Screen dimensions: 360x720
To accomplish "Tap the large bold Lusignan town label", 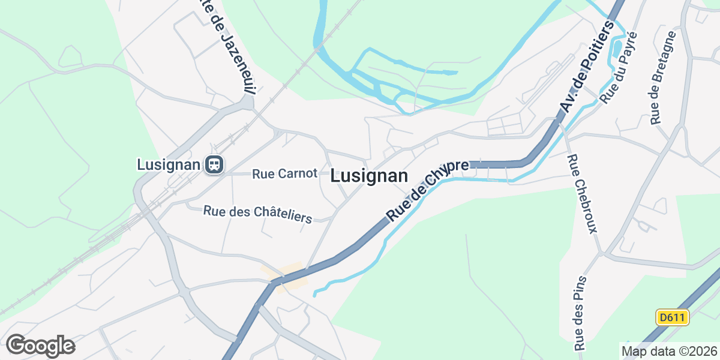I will [369, 176].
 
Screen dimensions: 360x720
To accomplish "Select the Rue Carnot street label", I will [284, 174].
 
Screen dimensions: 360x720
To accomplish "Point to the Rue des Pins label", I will [580, 313].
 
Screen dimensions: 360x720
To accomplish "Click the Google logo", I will [40, 346].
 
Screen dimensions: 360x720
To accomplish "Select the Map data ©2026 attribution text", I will [668, 351].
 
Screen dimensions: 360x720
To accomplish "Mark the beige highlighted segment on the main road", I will [284, 277].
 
